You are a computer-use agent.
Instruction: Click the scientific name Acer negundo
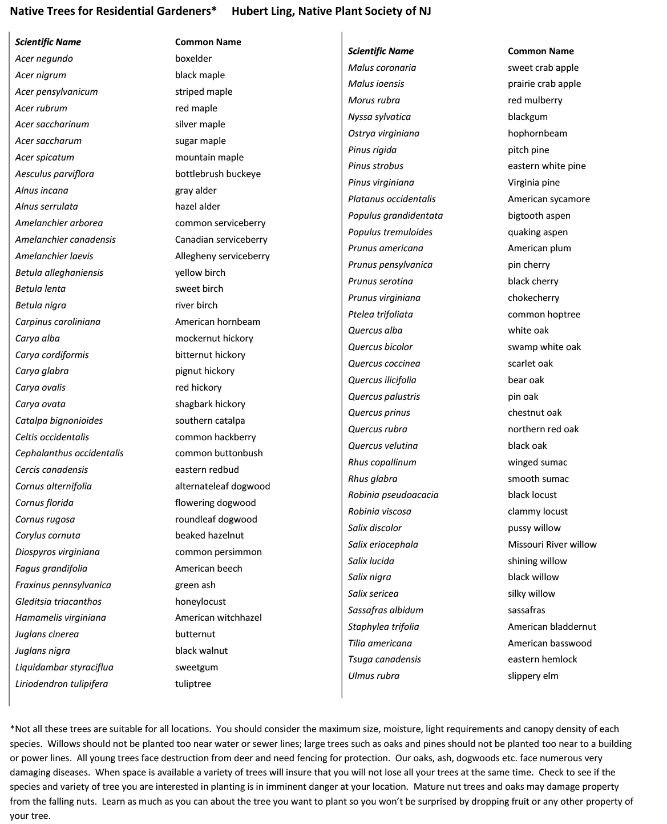click(44, 58)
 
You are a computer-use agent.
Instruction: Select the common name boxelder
click(193, 58)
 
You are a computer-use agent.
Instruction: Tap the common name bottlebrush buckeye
click(217, 174)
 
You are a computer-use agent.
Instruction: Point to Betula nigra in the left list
click(41, 305)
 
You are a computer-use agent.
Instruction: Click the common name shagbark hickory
click(210, 404)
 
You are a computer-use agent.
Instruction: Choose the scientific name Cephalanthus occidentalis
click(69, 453)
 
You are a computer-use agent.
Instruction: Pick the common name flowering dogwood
click(215, 503)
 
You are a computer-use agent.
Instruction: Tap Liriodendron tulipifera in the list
click(61, 684)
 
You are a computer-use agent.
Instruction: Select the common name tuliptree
click(193, 684)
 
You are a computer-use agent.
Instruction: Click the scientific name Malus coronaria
click(382, 67)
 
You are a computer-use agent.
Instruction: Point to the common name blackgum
click(527, 116)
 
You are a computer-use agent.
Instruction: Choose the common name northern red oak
click(543, 429)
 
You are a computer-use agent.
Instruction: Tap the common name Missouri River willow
click(552, 544)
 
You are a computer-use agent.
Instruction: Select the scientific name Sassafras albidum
click(385, 610)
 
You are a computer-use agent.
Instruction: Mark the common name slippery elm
click(533, 676)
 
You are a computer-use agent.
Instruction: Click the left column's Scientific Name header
click(48, 42)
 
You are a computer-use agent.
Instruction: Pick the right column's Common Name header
click(540, 51)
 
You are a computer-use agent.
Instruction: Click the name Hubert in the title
click(248, 11)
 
